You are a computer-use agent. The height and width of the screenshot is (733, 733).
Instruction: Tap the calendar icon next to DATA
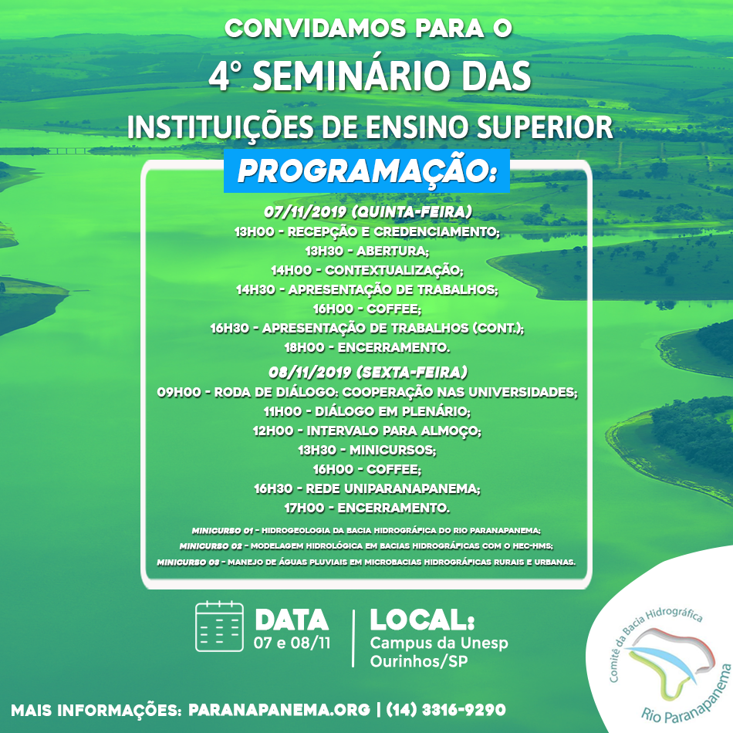(219, 627)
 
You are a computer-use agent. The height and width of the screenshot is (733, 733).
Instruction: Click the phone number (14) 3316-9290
(446, 710)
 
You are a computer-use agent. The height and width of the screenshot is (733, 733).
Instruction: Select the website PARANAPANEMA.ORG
(279, 710)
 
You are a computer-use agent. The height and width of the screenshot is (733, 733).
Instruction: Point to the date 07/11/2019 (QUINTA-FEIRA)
(368, 211)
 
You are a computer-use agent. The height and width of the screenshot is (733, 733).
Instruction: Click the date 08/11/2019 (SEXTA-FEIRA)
(368, 372)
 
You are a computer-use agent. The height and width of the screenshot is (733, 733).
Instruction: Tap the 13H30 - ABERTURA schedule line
(367, 251)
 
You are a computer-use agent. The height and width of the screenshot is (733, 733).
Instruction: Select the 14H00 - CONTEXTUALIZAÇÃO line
(367, 270)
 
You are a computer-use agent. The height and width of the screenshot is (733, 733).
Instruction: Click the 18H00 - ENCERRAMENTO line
(367, 347)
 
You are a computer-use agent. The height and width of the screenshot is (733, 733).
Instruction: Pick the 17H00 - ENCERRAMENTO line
(367, 508)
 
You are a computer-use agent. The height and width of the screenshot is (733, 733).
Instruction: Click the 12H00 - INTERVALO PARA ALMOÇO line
(367, 431)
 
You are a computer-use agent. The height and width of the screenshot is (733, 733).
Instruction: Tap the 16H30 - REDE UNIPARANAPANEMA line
(367, 488)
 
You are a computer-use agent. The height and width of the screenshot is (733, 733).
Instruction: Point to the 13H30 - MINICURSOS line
(367, 450)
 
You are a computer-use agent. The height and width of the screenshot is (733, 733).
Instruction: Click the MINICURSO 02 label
(211, 546)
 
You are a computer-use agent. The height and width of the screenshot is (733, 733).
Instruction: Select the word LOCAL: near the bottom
(422, 620)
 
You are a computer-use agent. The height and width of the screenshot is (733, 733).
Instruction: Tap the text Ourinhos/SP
(419, 661)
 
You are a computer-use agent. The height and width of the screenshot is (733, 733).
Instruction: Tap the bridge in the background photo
(70, 150)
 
